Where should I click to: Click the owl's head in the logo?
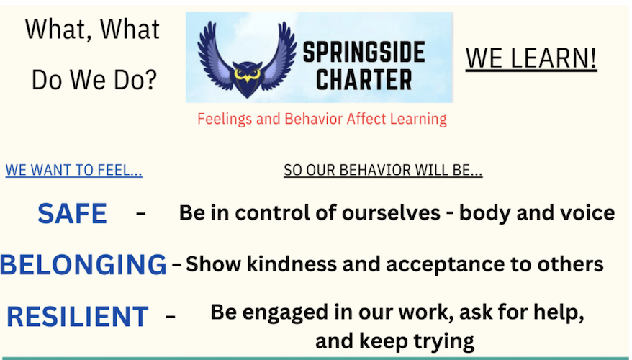[247, 76]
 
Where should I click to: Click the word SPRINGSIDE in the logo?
[364, 53]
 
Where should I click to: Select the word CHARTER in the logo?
[364, 79]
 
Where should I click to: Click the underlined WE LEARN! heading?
[531, 58]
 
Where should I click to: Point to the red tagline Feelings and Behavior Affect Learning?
[322, 119]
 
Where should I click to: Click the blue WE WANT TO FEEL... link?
[73, 170]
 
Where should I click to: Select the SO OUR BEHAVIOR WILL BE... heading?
[383, 170]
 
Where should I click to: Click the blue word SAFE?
[72, 213]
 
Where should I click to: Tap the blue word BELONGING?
[83, 264]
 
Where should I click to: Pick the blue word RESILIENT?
[78, 317]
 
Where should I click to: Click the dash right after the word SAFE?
[140, 213]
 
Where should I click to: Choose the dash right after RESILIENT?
[171, 316]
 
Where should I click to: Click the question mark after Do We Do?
[150, 79]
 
